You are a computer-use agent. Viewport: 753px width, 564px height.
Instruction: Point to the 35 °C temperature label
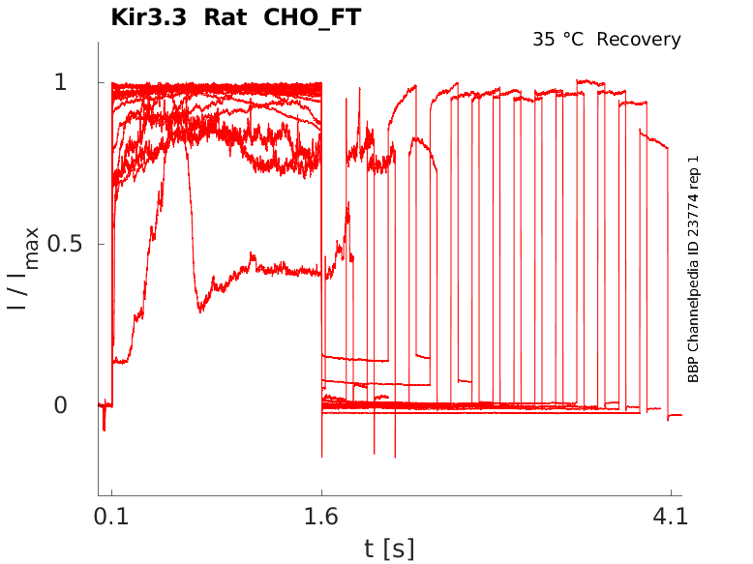click(x=558, y=40)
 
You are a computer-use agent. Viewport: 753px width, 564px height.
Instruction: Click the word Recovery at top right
click(x=639, y=40)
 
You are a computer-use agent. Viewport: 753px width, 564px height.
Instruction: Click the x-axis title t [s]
click(x=389, y=549)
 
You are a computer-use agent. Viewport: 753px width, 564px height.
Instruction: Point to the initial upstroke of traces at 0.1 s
click(x=112, y=242)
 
